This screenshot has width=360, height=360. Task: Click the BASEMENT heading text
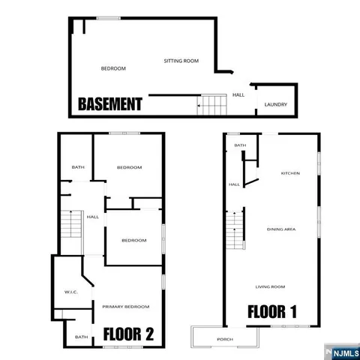coord(110,104)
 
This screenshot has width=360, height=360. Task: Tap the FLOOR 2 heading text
coord(128,334)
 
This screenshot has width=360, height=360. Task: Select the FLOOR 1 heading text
coord(274,311)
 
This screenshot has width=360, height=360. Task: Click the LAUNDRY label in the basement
coord(276,104)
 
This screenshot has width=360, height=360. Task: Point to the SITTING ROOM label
coord(181,61)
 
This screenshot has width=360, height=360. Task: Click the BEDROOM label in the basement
coord(113,68)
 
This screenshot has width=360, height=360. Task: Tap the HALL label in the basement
coord(238,95)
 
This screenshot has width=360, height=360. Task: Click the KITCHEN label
coord(290,173)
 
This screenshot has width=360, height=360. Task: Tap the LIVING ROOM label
coord(270,286)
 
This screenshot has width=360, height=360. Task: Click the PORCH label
coord(224,339)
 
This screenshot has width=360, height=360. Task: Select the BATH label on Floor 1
coord(240,145)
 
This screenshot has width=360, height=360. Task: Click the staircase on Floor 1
coord(235,230)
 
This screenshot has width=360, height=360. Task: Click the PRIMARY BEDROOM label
coord(126,306)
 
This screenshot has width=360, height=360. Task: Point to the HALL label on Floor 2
coord(93,217)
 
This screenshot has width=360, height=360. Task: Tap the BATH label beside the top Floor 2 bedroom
coord(77,167)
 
